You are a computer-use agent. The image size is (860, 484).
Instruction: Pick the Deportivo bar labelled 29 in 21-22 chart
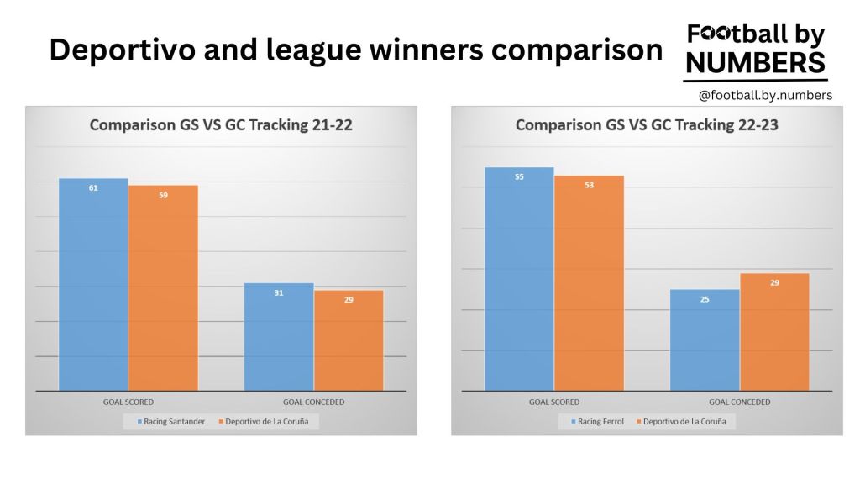coord(349,340)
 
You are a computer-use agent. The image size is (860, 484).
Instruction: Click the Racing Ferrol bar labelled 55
coord(519,279)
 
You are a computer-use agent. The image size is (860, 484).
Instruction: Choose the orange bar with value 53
coord(589,283)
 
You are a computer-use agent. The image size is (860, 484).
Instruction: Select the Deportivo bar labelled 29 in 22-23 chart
coord(774,332)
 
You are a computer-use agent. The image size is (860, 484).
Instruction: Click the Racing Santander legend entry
coord(170,422)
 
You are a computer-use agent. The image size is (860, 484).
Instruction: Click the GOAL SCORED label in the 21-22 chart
coord(128,402)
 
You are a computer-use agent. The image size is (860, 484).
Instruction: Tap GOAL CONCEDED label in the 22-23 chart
coord(739,402)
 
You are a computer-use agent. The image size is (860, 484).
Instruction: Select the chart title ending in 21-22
coord(221,126)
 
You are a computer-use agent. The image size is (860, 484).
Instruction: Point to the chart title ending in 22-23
coord(646,126)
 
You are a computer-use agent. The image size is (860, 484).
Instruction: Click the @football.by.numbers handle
coord(765,96)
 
